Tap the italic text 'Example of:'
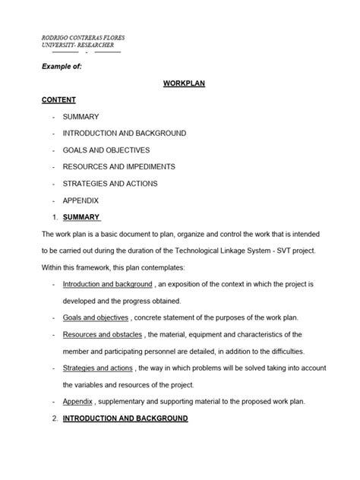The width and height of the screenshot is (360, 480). pos(61,68)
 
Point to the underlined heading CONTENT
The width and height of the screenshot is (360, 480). pos(59,99)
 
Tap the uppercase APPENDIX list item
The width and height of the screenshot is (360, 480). pos(81,201)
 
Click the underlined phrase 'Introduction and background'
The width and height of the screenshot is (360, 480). pos(107,283)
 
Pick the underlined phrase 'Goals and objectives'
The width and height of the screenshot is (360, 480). pos(96,317)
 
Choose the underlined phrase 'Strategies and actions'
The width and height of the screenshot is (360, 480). pos(98,368)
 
